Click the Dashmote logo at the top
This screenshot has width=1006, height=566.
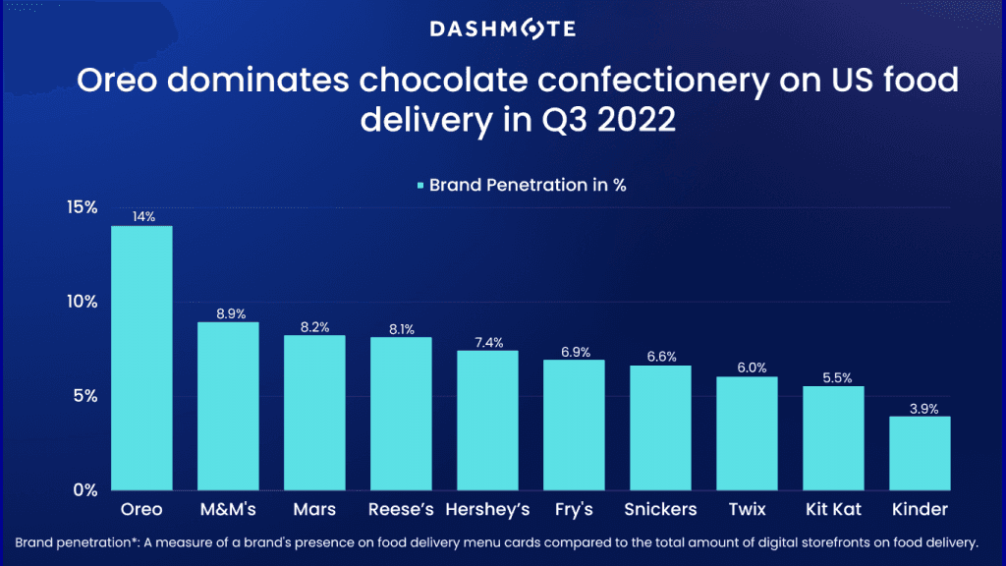click(x=503, y=29)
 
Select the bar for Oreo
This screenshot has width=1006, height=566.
click(x=141, y=358)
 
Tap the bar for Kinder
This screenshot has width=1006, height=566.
click(x=920, y=453)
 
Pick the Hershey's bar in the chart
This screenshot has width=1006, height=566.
click(x=487, y=420)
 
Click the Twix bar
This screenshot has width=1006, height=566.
click(x=747, y=433)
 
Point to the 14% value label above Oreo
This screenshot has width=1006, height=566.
click(x=143, y=217)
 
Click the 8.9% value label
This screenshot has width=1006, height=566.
click(x=228, y=313)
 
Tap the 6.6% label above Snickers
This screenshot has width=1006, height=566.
click(x=660, y=357)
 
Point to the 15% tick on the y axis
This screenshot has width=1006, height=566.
click(x=83, y=207)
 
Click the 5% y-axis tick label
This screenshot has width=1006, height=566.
click(x=86, y=396)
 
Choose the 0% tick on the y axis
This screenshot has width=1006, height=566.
click(x=86, y=490)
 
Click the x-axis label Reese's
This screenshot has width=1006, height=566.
click(x=401, y=510)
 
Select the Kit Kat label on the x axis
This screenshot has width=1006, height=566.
click(x=833, y=510)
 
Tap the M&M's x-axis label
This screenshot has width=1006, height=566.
click(x=228, y=510)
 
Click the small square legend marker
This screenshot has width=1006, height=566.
click(x=420, y=185)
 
